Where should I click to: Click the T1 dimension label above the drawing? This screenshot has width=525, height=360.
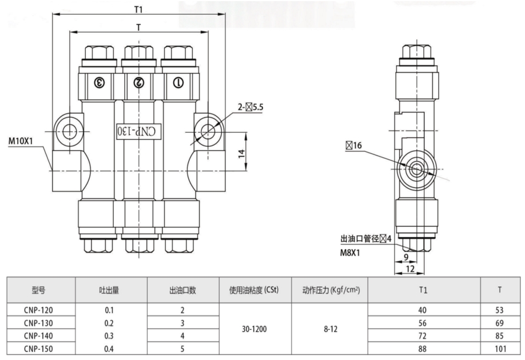tap(138, 8)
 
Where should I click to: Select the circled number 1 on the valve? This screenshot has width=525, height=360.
tap(178, 82)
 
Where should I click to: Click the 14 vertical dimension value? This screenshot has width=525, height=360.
tap(241, 153)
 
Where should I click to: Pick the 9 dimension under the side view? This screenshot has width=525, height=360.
tap(405, 258)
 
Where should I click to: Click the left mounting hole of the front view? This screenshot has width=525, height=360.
tap(70, 131)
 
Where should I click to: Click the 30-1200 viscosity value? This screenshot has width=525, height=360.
tap(256, 329)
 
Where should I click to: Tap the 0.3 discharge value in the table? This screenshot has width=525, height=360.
tap(112, 335)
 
